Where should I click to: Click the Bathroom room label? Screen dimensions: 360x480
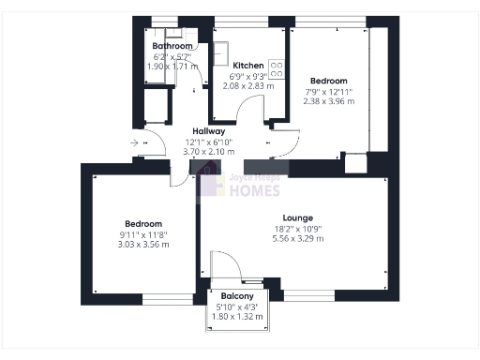[172, 46]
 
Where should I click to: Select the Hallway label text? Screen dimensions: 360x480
[208, 131]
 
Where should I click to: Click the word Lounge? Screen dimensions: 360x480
[299, 217]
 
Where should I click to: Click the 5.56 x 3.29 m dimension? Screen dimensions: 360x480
[299, 239]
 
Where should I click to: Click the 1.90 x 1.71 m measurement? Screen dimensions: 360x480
[172, 67]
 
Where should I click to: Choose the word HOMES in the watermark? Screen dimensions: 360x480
[254, 191]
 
